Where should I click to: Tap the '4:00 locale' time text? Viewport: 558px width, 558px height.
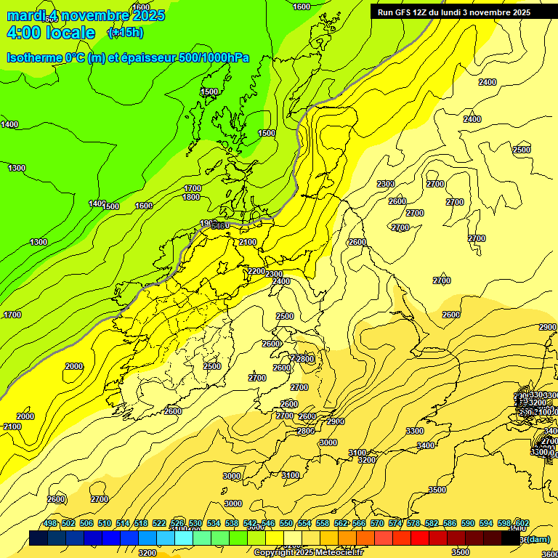[51, 33]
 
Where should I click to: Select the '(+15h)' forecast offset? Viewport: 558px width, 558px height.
[125, 33]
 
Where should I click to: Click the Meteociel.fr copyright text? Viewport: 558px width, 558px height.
[318, 553]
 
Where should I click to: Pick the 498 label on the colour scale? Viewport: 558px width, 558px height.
[50, 523]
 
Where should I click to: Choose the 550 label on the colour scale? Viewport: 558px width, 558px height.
[286, 523]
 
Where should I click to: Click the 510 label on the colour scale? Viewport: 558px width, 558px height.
[105, 523]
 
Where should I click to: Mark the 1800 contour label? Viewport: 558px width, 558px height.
[191, 197]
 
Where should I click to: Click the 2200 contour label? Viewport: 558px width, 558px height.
[256, 271]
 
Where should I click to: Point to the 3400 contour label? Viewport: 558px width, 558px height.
[426, 445]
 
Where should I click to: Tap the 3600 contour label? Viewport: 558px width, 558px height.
[549, 554]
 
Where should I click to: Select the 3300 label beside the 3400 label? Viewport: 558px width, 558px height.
[414, 431]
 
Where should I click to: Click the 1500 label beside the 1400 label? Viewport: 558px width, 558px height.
[110, 206]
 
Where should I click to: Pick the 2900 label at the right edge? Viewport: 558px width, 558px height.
[547, 328]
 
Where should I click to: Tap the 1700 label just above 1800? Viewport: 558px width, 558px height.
[192, 188]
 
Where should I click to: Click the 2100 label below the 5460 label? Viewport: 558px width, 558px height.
[248, 242]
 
